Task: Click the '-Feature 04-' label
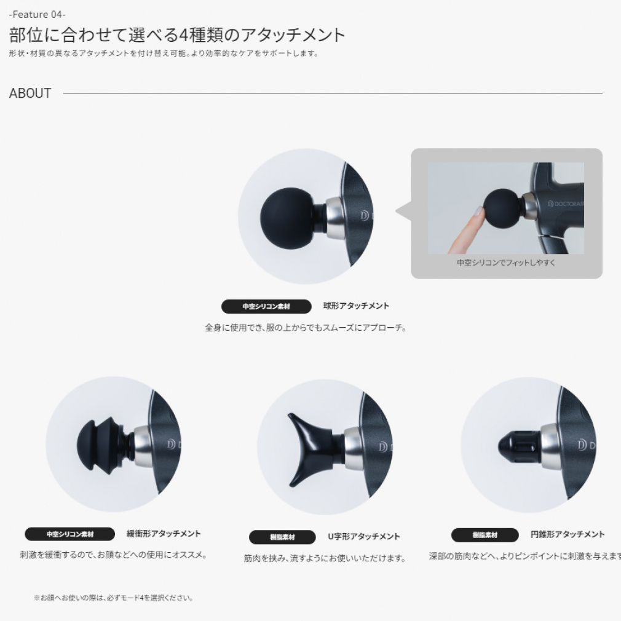click(x=38, y=14)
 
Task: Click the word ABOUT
click(x=30, y=93)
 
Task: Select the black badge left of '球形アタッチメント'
click(x=266, y=306)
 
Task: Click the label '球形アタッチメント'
click(x=356, y=306)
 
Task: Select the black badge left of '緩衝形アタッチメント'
click(x=69, y=534)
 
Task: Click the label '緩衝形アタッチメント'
click(x=164, y=534)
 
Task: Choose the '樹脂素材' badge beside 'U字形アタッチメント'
click(x=282, y=537)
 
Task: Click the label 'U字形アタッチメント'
click(x=364, y=537)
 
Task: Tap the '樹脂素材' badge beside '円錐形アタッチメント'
click(x=485, y=535)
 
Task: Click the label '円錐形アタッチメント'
click(x=568, y=534)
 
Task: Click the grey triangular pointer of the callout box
click(x=403, y=213)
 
